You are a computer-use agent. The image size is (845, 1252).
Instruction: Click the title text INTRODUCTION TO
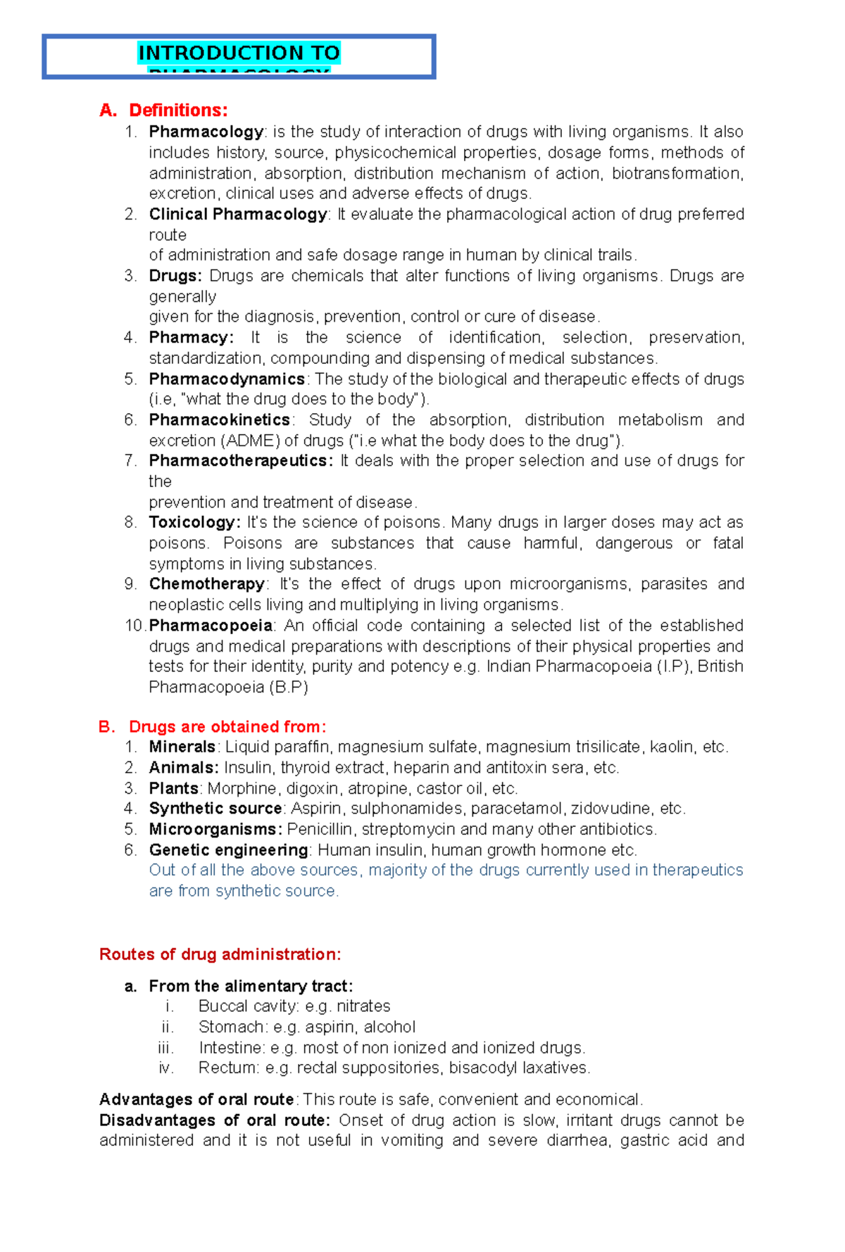[239, 53]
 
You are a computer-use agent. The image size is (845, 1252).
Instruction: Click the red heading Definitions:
[178, 110]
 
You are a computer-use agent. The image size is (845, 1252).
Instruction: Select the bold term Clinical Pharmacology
[237, 214]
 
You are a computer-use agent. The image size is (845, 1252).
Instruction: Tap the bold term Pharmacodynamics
[227, 379]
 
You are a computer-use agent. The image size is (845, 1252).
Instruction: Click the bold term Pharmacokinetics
[219, 420]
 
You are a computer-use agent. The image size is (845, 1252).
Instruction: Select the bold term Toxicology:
[194, 522]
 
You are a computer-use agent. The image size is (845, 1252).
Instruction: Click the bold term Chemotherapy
[206, 584]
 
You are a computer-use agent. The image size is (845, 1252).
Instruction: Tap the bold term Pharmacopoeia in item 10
[211, 626]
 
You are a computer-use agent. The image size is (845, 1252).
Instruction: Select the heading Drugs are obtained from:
[227, 726]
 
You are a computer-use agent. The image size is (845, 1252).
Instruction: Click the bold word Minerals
[182, 747]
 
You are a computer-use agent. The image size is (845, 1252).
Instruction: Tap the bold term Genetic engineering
[228, 850]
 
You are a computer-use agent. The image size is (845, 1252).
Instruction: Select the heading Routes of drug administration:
[220, 954]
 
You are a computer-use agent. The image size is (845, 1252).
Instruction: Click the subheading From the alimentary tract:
[250, 986]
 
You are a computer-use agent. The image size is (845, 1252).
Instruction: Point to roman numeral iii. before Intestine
[166, 1047]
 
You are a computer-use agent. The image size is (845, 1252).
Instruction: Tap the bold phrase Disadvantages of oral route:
[214, 1120]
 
